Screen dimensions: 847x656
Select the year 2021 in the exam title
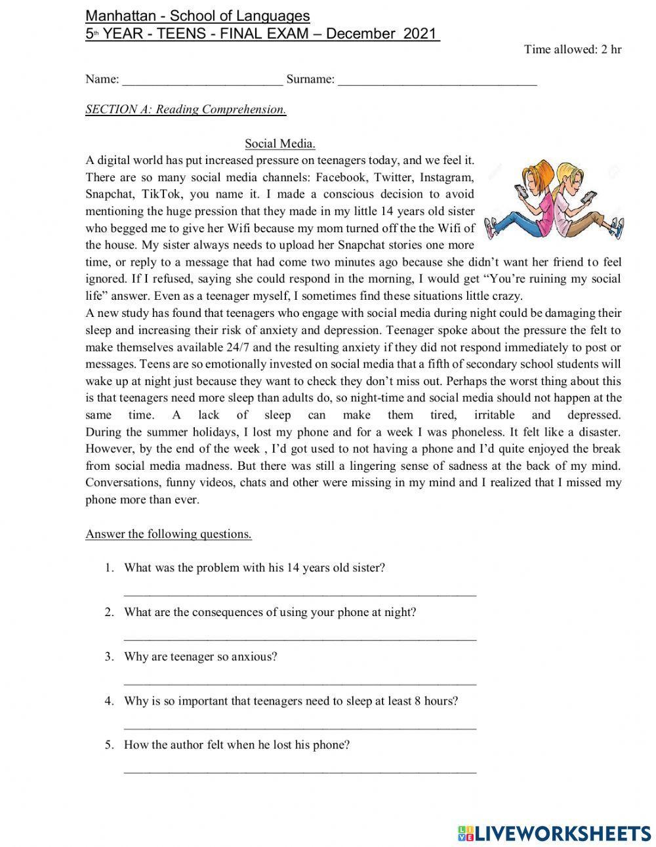[420, 33]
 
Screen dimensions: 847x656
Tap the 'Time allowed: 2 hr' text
[572, 49]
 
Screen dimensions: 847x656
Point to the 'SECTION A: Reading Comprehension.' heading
[186, 109]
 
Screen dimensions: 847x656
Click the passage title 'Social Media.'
[279, 143]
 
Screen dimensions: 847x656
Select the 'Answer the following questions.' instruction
[169, 533]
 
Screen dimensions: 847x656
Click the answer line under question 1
[300, 594]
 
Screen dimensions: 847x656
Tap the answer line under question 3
[300, 683]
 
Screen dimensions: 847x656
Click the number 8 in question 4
[418, 701]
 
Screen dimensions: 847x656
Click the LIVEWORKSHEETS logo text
[562, 832]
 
